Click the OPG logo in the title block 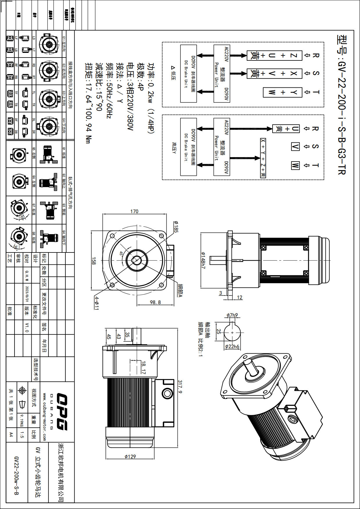(x=62, y=411)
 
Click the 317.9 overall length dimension (x=180, y=387)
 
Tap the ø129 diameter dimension (x=130, y=456)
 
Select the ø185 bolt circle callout (x=176, y=227)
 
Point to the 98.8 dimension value (x=155, y=302)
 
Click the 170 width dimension (x=134, y=211)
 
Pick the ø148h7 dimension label (x=203, y=260)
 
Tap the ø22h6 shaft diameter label (x=232, y=346)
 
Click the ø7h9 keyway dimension (x=232, y=315)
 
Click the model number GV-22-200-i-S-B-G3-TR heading (x=342, y=105)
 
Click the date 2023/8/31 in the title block (x=27, y=294)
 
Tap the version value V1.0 (x=27, y=327)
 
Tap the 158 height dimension (x=94, y=261)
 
